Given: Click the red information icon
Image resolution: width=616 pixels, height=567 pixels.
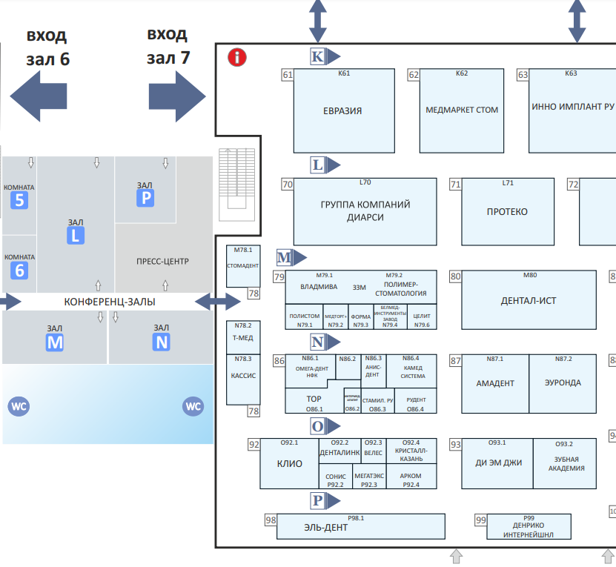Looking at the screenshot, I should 237,57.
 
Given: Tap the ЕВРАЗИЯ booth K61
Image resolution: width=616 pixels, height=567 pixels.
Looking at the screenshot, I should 342,111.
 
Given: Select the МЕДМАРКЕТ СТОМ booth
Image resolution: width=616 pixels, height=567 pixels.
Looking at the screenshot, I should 462,110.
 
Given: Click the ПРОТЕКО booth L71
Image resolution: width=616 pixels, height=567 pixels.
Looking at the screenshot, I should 507,212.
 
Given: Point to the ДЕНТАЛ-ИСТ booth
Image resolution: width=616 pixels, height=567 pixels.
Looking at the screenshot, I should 529,302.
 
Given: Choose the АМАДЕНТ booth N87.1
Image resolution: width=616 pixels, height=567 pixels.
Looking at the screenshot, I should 494,383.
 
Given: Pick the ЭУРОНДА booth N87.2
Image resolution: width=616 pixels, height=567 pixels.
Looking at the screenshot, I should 563,383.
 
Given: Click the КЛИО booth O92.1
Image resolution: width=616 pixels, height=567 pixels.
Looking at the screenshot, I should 289,464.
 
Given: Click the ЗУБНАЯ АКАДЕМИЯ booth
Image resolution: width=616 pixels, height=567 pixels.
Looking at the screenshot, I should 564,464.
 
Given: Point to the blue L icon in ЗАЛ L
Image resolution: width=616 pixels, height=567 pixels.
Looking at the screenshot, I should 75,236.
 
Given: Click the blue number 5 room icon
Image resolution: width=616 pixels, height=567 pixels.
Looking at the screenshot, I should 20,200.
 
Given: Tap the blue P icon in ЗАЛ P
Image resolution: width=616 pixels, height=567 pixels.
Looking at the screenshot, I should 145,198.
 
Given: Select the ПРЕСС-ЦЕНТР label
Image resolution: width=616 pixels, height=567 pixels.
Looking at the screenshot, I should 163,261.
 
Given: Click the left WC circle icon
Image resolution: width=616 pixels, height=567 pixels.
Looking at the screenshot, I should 19,406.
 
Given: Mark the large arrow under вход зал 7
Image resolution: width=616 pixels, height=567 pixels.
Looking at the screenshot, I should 176,96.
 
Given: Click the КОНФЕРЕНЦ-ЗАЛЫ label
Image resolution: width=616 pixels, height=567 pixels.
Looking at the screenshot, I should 110,302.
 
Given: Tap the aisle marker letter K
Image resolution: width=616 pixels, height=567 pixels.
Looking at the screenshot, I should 317,56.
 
